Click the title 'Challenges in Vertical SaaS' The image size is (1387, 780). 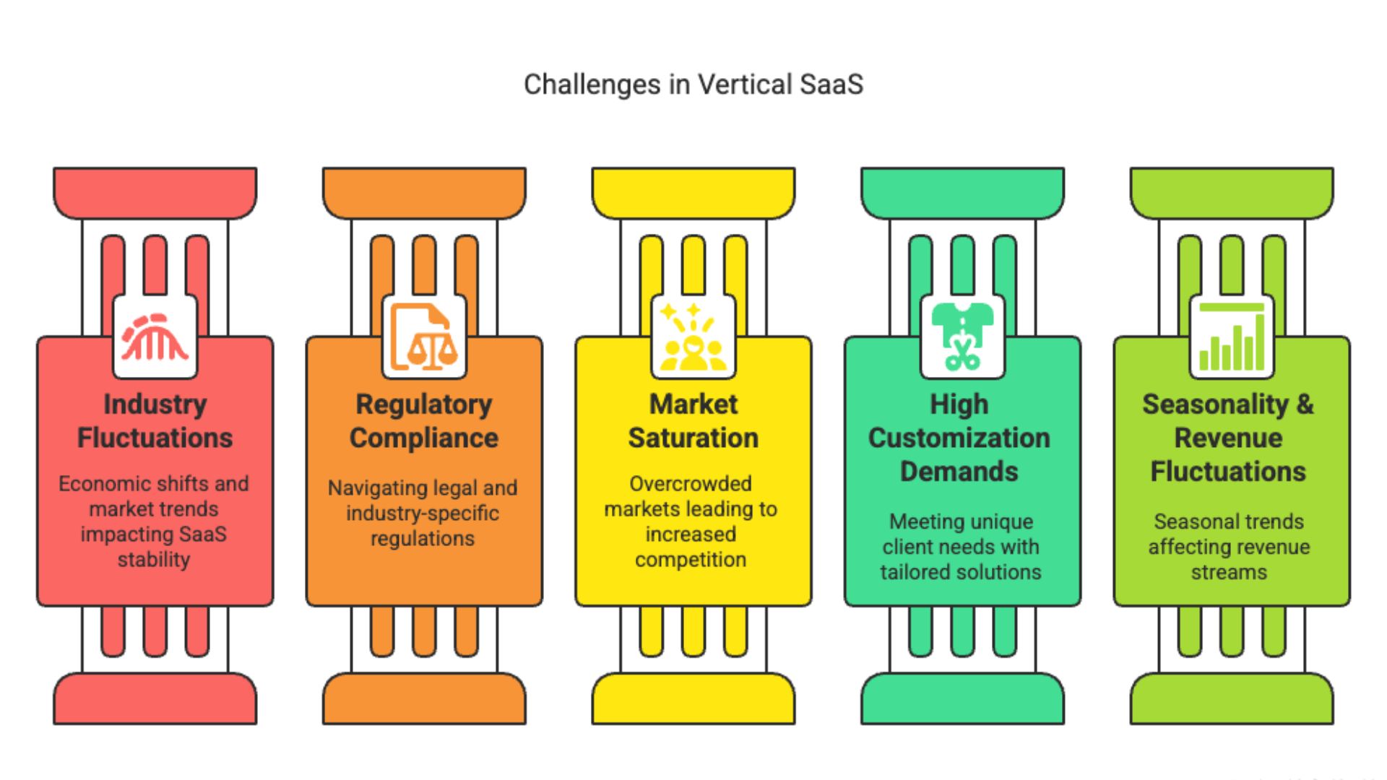693,84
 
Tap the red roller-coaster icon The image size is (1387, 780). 155,337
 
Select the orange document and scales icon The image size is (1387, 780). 424,337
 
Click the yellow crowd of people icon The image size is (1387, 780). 693,337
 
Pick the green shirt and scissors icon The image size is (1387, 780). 962,337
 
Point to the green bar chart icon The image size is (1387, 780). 1232,337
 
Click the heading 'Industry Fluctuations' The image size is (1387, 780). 155,421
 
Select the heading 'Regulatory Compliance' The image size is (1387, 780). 424,421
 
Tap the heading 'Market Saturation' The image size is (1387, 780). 693,421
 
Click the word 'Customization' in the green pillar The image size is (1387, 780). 959,438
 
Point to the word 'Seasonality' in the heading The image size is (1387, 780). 1215,404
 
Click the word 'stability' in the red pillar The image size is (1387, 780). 154,560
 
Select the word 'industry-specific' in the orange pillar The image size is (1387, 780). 423,513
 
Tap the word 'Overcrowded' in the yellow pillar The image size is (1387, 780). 691,483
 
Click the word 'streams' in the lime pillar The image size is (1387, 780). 1229,573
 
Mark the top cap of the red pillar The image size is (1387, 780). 155,193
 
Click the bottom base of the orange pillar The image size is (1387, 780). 424,698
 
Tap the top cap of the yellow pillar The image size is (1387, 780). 693,193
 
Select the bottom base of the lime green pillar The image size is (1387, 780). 1232,698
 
